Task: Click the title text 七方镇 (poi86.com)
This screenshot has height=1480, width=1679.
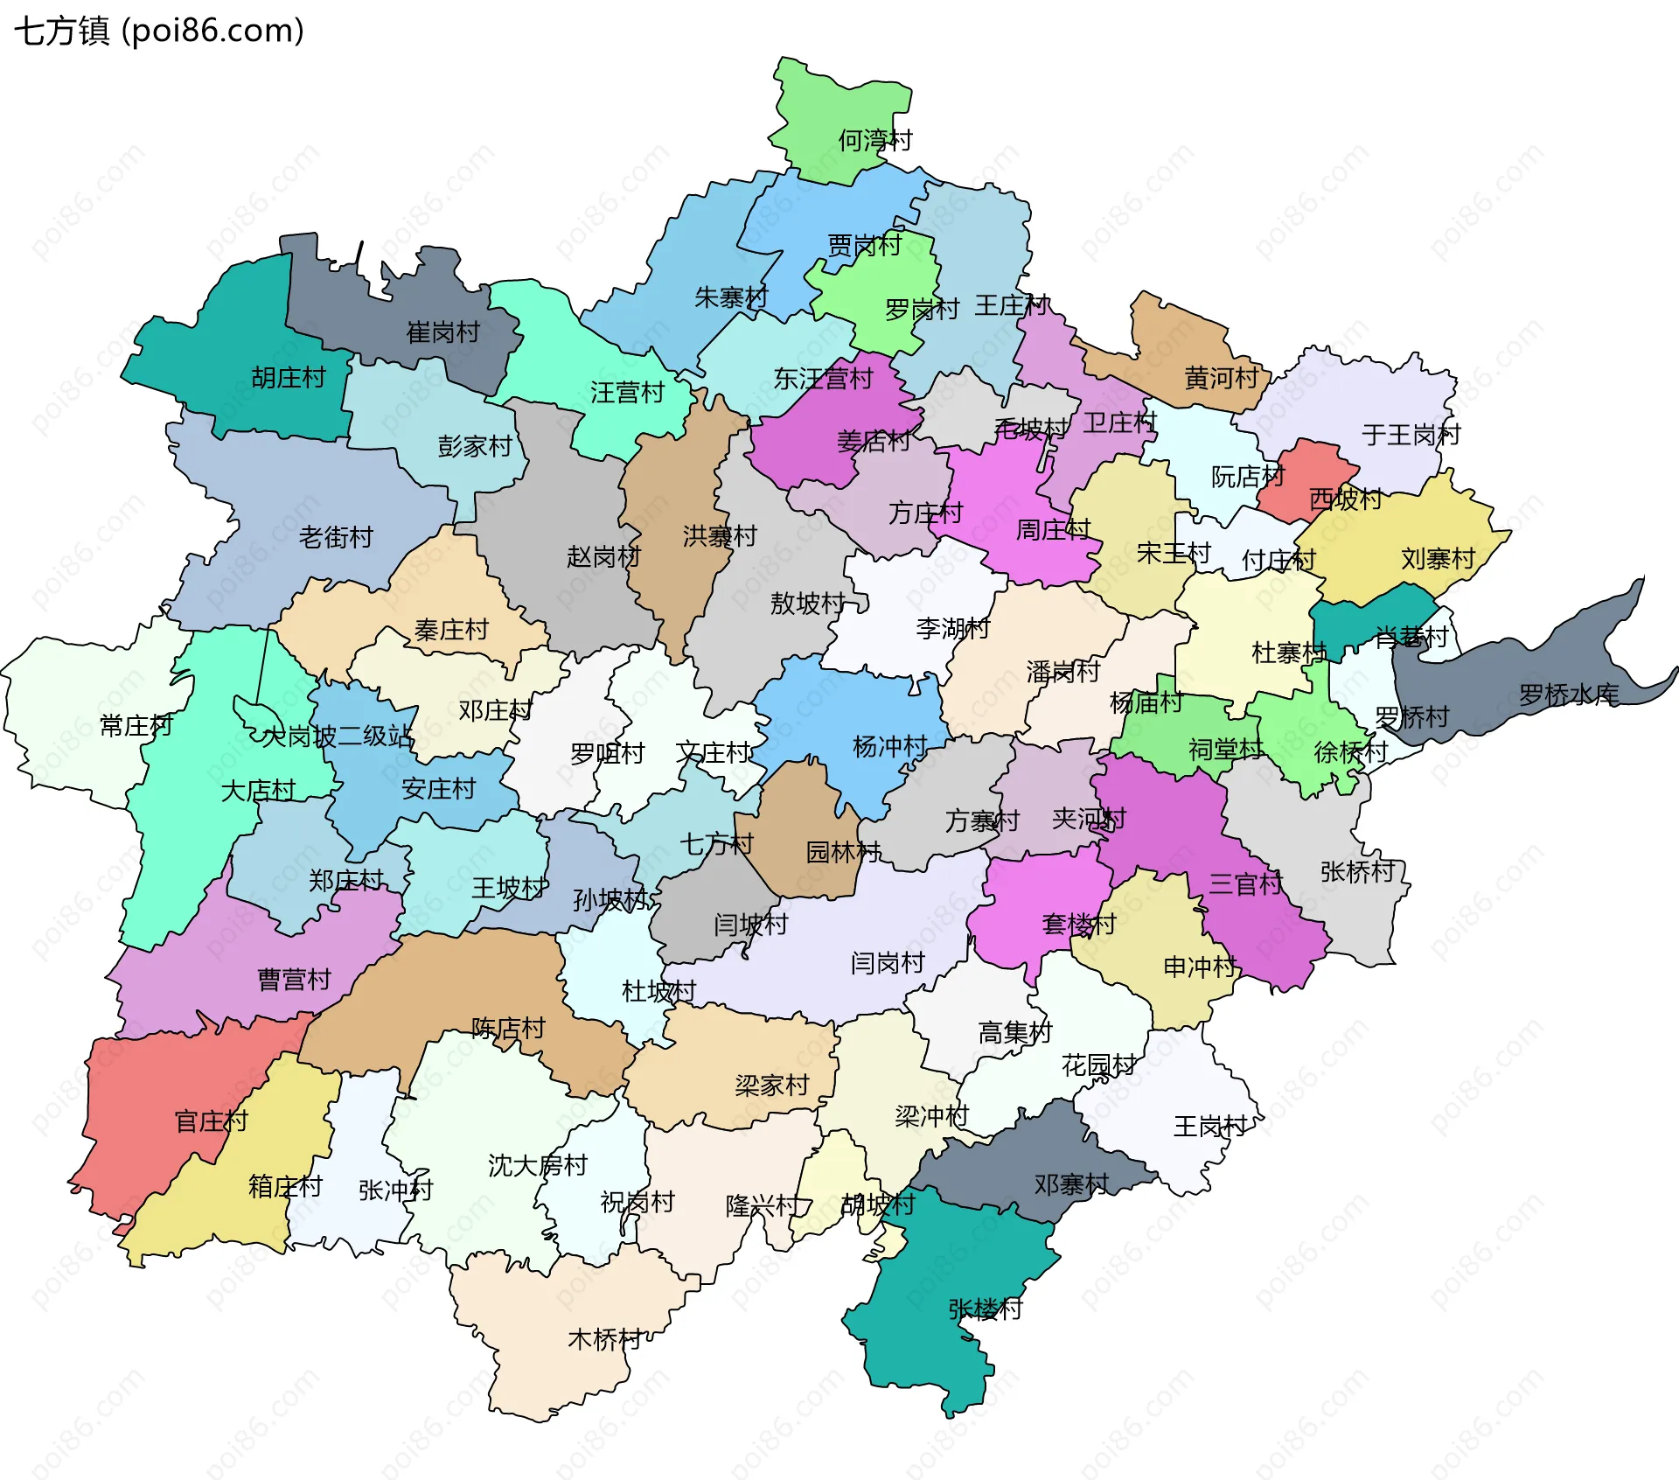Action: pyautogui.click(x=158, y=31)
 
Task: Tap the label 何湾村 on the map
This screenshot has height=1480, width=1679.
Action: pyautogui.click(x=874, y=140)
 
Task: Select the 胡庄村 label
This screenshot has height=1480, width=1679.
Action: pyautogui.click(x=288, y=378)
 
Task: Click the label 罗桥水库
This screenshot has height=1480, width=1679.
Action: pyautogui.click(x=1569, y=695)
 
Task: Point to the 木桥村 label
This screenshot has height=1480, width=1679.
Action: pyautogui.click(x=604, y=1339)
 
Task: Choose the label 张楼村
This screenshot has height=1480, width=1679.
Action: pyautogui.click(x=985, y=1309)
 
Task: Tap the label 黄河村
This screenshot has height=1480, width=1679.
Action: pyautogui.click(x=1221, y=378)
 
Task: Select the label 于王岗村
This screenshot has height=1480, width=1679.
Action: pyautogui.click(x=1411, y=435)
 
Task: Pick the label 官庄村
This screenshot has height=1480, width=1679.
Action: pyautogui.click(x=211, y=1121)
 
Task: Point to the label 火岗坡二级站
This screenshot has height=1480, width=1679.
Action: pyautogui.click(x=337, y=737)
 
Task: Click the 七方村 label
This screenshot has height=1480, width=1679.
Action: pyautogui.click(x=716, y=844)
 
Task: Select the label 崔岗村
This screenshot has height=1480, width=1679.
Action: pyautogui.click(x=442, y=332)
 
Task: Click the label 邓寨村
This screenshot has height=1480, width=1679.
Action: pyautogui.click(x=1070, y=1185)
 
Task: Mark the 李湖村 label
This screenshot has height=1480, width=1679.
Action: pyautogui.click(x=952, y=628)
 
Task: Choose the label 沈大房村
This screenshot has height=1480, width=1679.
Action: pyautogui.click(x=537, y=1165)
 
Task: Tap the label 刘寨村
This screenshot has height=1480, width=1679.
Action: pyautogui.click(x=1438, y=558)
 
